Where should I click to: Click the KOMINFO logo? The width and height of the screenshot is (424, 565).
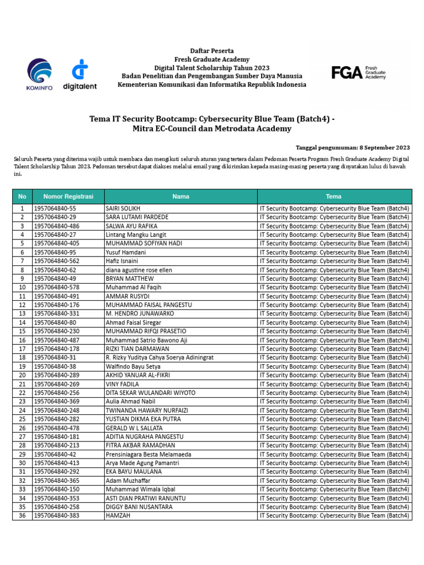click(x=39, y=74)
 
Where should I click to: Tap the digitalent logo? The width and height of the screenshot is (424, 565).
click(x=80, y=74)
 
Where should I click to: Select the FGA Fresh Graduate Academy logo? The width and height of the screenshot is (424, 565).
click(x=358, y=72)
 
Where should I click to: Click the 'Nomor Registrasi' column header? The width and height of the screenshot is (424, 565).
click(x=68, y=196)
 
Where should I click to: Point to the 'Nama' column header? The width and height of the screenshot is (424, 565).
click(x=181, y=196)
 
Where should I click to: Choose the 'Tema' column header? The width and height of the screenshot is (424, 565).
click(x=334, y=196)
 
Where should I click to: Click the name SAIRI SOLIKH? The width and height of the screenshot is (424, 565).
click(x=123, y=209)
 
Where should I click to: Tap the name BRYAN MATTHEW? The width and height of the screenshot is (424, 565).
click(x=129, y=279)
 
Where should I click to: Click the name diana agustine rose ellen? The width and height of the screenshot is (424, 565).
click(x=139, y=270)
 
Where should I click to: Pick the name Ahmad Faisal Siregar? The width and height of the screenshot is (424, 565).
click(x=133, y=322)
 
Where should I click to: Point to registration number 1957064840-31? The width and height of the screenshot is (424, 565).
click(x=55, y=358)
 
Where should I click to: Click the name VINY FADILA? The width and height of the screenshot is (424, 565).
click(x=122, y=384)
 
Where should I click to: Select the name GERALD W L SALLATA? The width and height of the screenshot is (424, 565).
click(x=134, y=428)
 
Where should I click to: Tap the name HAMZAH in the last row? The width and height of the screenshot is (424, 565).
click(x=116, y=515)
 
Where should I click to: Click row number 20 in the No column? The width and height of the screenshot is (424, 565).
click(x=22, y=375)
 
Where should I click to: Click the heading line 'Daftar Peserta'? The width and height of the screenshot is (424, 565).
click(x=212, y=51)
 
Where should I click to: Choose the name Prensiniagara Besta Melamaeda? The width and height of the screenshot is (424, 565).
click(x=148, y=454)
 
